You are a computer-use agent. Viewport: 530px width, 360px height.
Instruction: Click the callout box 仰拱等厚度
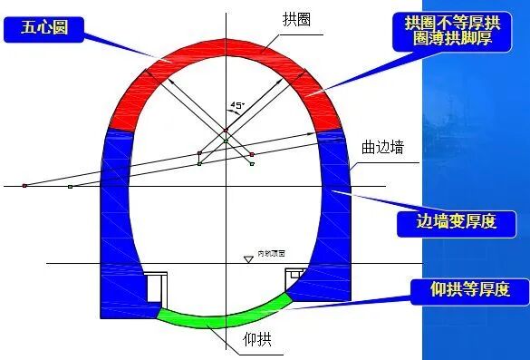click(x=469, y=290)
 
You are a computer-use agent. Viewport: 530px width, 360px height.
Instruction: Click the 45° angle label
click(x=238, y=105)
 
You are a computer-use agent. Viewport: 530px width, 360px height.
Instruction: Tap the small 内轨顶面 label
click(x=271, y=253)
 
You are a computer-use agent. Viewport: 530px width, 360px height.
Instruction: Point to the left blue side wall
click(x=116, y=227)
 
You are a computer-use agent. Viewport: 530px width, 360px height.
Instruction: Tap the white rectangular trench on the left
click(x=156, y=287)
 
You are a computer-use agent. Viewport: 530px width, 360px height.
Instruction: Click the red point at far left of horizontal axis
click(x=24, y=185)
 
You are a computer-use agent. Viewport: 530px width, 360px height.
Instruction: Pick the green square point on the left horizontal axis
click(x=70, y=186)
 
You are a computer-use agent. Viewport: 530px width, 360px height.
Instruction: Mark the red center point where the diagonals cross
click(x=225, y=131)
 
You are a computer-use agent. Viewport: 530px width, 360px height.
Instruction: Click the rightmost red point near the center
click(x=252, y=154)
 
